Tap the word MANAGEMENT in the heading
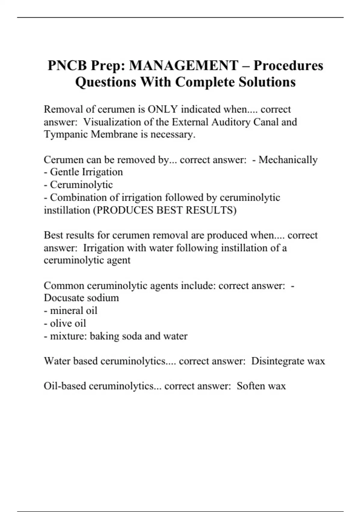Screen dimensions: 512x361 [x=184, y=66]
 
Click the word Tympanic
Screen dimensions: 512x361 [x=66, y=134]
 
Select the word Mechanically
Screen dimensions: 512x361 [x=288, y=160]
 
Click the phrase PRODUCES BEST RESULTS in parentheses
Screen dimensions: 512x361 [x=165, y=210]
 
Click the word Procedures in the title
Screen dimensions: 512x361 [x=288, y=66]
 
